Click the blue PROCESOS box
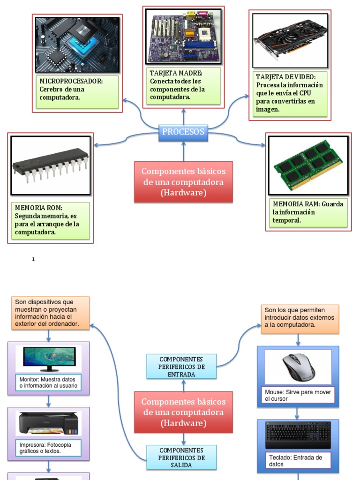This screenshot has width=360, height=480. [183, 132]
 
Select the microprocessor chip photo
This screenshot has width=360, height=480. [77, 45]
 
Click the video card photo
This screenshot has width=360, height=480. [289, 40]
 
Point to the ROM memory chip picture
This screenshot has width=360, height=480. [51, 165]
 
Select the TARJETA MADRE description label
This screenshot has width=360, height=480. [184, 86]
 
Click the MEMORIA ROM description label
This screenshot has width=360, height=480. [51, 220]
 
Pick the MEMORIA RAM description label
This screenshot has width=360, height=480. [308, 212]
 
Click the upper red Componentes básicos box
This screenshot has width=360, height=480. [183, 182]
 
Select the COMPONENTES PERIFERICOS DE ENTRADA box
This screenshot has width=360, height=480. [181, 366]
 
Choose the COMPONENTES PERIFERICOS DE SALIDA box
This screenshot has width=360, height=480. [181, 457]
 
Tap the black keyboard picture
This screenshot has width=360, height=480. [298, 435]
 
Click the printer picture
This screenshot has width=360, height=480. [49, 423]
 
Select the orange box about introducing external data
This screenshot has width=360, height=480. [300, 318]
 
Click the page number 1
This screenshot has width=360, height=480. [33, 259]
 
